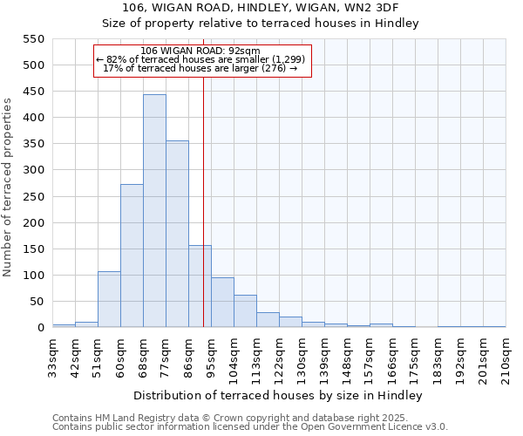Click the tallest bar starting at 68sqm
154,211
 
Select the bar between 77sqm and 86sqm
177,234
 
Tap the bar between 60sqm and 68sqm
132,255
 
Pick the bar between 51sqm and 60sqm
109,299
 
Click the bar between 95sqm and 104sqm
222,303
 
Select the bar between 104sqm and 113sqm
245,311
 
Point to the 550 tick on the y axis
31,39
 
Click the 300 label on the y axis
31,170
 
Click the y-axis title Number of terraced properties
8,187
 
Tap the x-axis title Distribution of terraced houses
279,396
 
